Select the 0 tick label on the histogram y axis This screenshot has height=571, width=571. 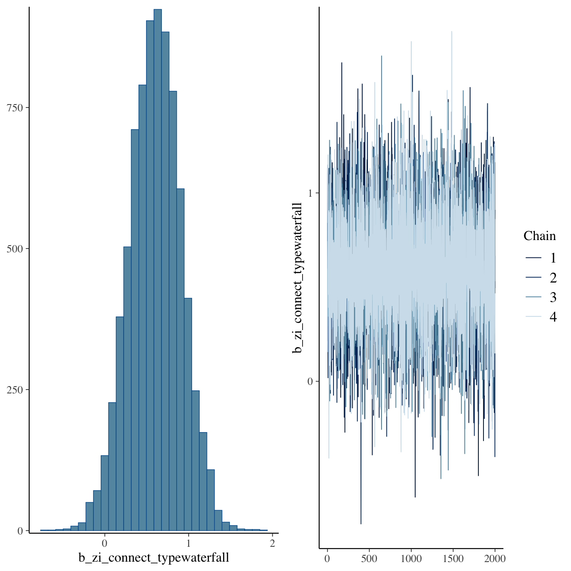coord(20,531)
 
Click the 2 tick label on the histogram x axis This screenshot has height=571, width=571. coord(272,543)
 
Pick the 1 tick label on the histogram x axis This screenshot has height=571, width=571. coord(189,543)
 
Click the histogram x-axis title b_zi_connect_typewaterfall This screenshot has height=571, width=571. coord(154,557)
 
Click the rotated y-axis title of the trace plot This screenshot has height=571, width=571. coord(298,278)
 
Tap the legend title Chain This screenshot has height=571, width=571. coord(539,236)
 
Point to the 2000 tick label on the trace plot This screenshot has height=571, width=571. coord(495,558)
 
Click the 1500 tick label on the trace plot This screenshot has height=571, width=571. coord(453,558)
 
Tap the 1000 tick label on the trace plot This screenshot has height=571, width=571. coord(411,558)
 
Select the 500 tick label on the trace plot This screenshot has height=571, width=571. coord(369,558)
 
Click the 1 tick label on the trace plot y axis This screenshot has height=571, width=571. coord(310,193)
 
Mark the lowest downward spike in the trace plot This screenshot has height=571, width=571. coord(361,523)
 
